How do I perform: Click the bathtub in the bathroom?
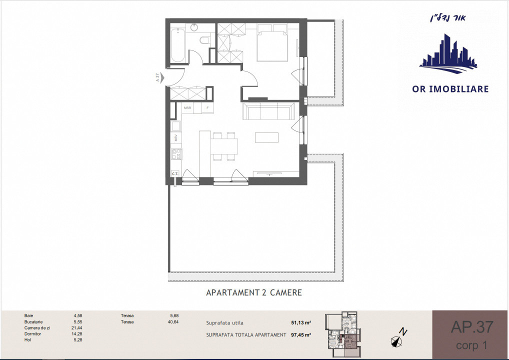177,45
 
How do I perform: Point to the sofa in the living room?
268,111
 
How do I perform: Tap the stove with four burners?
175,154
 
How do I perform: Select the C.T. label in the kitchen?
175,174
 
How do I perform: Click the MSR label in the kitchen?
188,107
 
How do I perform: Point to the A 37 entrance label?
157,77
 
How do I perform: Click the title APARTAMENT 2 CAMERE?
254,292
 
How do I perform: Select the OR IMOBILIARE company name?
450,89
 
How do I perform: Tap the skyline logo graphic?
448,52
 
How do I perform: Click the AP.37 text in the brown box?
471,327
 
